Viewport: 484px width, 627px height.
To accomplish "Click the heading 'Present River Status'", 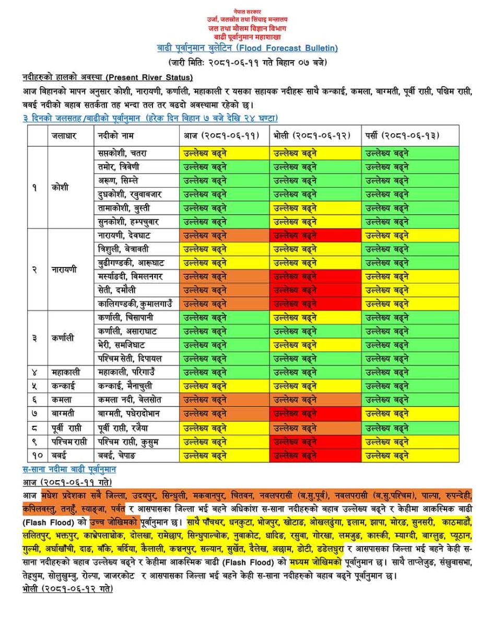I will (149, 77).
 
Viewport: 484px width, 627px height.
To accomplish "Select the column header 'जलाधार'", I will (64, 135).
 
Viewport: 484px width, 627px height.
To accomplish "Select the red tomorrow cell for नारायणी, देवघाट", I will (315, 235).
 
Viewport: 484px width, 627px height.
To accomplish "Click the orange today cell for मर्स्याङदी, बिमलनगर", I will (225, 275).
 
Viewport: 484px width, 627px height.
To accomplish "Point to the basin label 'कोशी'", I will (60, 187).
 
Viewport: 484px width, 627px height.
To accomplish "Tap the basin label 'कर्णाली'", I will (63, 338).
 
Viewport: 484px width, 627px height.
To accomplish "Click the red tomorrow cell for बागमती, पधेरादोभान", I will (315, 413).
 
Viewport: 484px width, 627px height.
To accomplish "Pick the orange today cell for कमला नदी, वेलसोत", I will (225, 400).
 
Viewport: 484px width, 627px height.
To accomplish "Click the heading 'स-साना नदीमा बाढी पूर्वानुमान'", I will (69, 469).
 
